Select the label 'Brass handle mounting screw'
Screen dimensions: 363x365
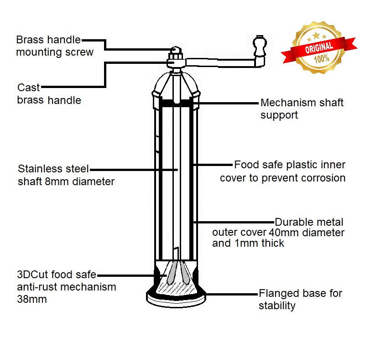click(x=54, y=46)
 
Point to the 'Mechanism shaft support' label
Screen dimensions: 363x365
click(x=302, y=109)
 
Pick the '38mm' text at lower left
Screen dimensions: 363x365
click(x=32, y=299)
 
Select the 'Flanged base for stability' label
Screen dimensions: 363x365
click(x=300, y=299)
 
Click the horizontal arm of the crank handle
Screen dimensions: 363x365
click(x=219, y=61)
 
